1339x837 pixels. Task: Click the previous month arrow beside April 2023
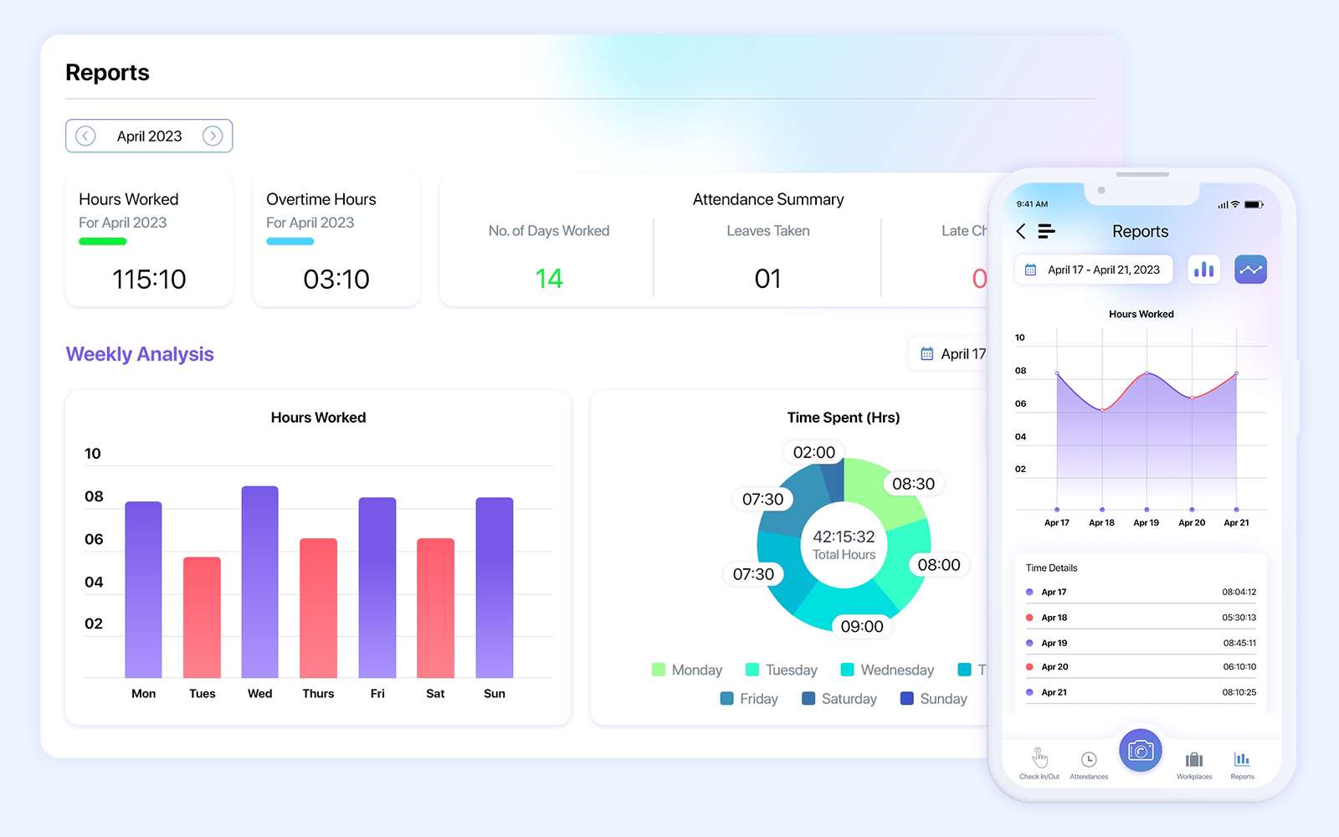[85, 136]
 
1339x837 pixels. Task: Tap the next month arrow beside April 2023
[213, 136]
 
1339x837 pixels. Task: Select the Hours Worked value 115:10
[149, 279]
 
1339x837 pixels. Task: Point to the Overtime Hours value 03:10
[336, 279]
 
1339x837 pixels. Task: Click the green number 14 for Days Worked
[549, 278]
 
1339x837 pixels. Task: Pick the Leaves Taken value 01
[767, 278]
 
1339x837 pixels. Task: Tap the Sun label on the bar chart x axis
[494, 693]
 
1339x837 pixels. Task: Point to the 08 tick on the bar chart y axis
[94, 496]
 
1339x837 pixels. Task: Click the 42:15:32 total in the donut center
[844, 537]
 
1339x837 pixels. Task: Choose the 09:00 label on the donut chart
[861, 626]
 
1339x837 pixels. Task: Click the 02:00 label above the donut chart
[813, 452]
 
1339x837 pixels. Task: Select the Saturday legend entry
[839, 698]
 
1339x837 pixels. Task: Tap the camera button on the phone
[1141, 751]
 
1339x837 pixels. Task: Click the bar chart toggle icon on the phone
[1203, 270]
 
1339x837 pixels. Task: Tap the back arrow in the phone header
[1021, 231]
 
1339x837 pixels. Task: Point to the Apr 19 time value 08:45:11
[1239, 643]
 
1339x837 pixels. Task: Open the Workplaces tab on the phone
[1194, 764]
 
